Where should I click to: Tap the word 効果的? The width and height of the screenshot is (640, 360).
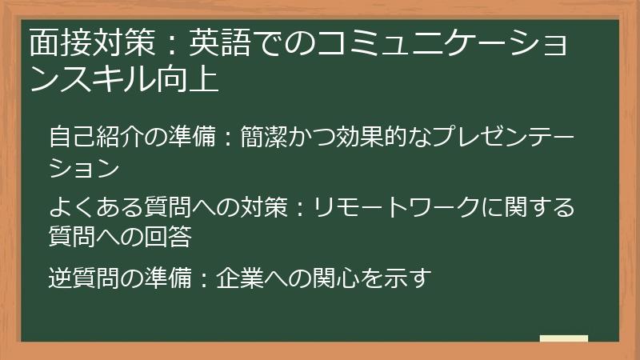coord(389,137)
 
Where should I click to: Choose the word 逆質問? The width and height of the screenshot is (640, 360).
coord(79,279)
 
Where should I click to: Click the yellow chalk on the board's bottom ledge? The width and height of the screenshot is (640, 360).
coord(563,338)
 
